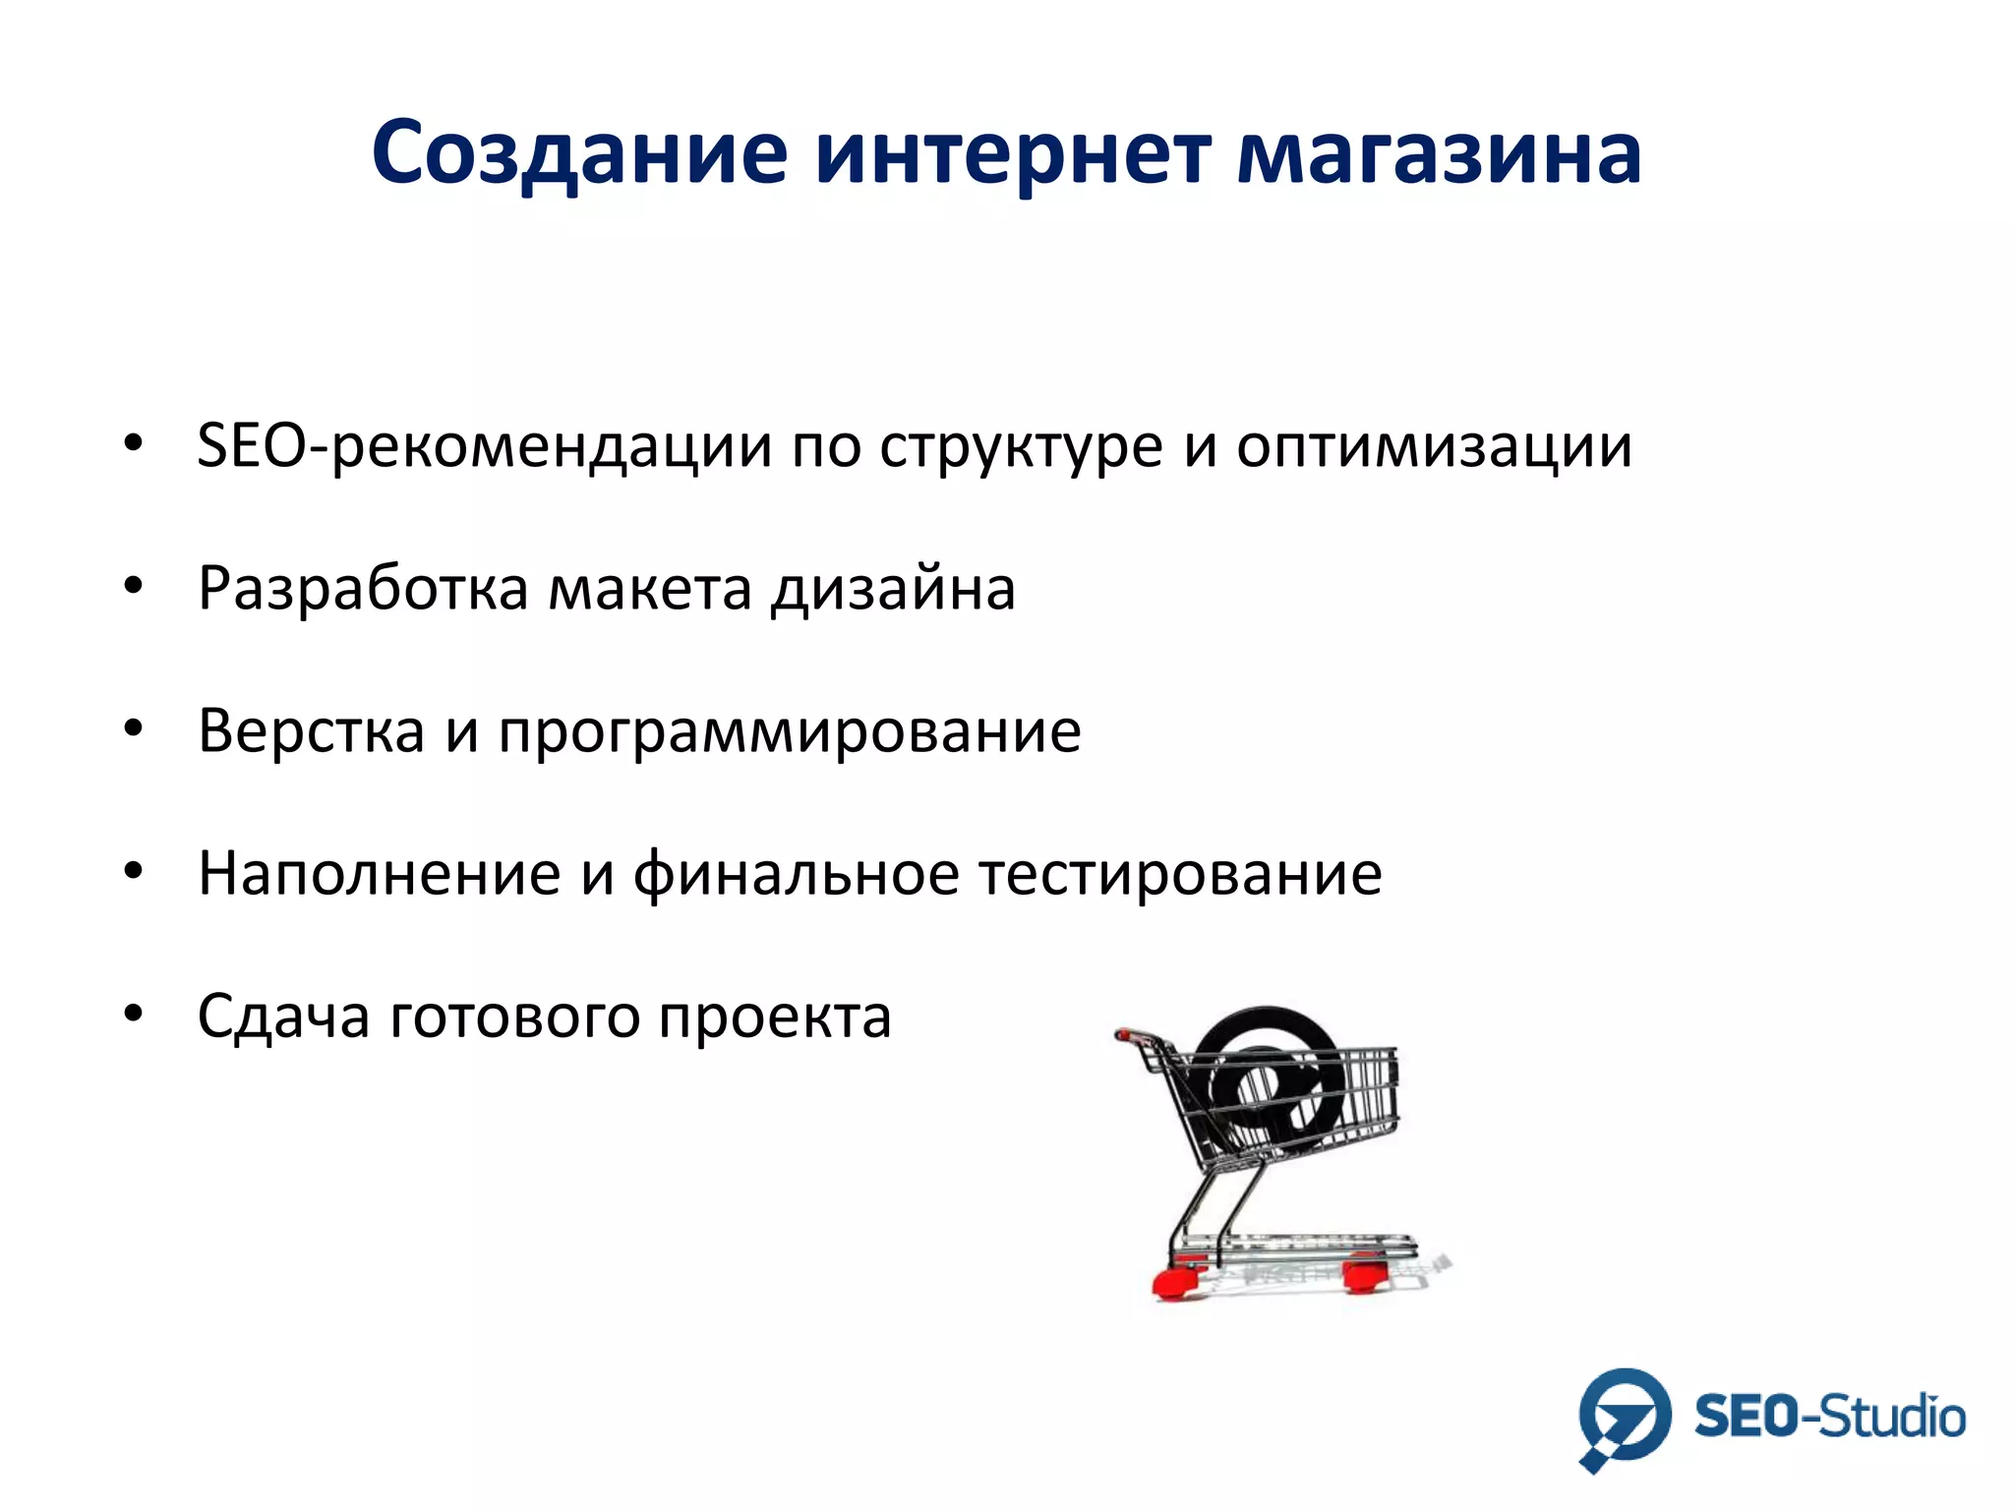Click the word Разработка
[x=363, y=589]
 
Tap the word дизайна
[x=893, y=589]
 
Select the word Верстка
[x=311, y=731]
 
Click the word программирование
[x=789, y=731]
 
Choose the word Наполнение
[x=379, y=873]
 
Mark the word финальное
[x=796, y=873]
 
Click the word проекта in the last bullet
[x=775, y=1016]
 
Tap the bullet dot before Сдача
[x=134, y=1013]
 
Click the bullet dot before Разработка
[x=134, y=586]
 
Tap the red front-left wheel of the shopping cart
[x=1175, y=1280]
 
